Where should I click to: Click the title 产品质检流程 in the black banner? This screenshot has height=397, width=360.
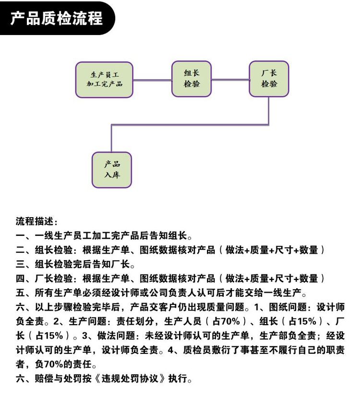[x=56, y=18]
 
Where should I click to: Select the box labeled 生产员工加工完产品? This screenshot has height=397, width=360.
[x=104, y=80]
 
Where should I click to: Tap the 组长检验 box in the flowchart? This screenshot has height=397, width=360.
[x=192, y=79]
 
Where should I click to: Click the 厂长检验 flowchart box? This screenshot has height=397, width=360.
[x=269, y=79]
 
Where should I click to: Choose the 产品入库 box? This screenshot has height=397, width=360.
[x=112, y=170]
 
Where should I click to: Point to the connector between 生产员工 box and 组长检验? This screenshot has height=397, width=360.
[x=152, y=80]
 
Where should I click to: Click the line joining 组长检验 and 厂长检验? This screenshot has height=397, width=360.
[x=230, y=80]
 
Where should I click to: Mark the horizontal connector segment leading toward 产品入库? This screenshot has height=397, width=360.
[x=190, y=125]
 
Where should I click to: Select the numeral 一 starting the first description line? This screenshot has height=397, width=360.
[x=20, y=236]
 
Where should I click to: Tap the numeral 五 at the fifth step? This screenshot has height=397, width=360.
[x=20, y=292]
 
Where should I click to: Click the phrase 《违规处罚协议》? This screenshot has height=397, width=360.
[x=130, y=378]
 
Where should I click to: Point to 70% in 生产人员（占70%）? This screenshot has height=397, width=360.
[x=230, y=321]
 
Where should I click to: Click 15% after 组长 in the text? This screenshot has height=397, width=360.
[x=307, y=321]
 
